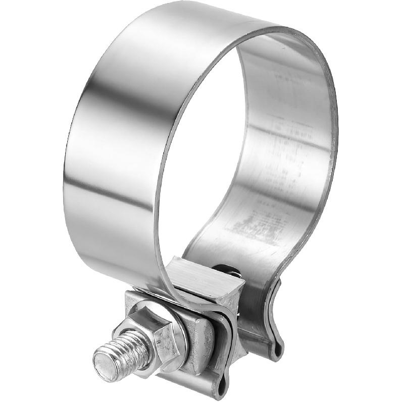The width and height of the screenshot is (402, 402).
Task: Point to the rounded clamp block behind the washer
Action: [202, 343]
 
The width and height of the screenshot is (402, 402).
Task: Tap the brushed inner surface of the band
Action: [283, 152]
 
